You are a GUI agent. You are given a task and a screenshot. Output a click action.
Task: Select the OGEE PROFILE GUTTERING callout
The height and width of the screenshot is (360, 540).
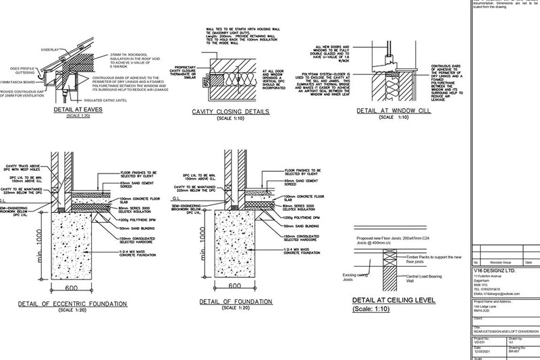pos(20,70)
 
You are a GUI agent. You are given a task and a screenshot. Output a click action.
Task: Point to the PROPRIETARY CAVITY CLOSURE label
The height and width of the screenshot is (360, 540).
pos(188,72)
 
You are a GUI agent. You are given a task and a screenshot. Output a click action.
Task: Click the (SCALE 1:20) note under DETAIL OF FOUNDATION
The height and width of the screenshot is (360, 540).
pos(232,308)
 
